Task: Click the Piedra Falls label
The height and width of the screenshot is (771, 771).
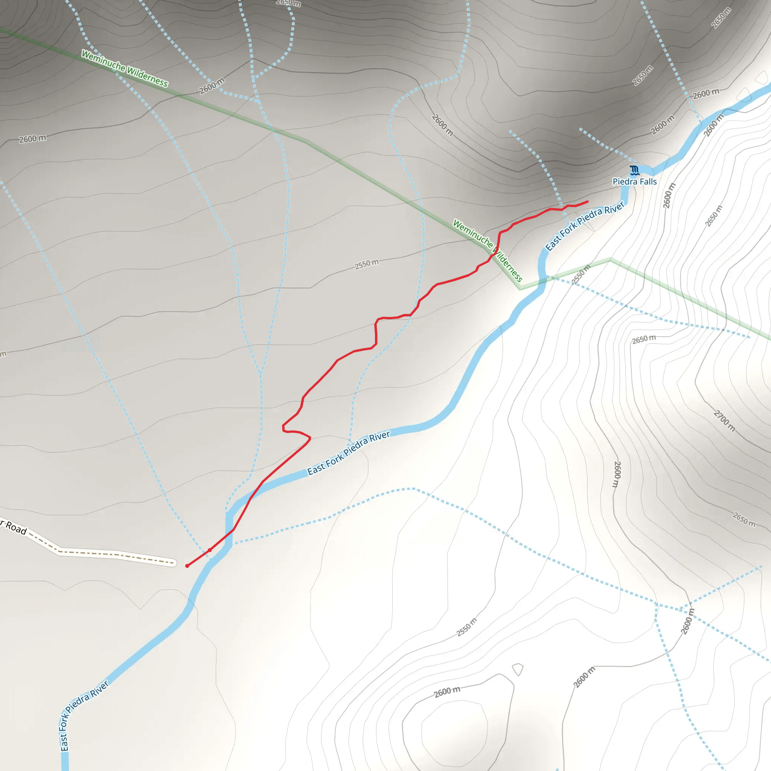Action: coord(634,181)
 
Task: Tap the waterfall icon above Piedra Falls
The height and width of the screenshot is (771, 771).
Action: coord(634,171)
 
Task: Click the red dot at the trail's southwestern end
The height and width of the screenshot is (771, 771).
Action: coord(187,566)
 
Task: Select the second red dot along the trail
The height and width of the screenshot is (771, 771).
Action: coord(210,550)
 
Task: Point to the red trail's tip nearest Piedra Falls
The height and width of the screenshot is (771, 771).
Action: coord(587,201)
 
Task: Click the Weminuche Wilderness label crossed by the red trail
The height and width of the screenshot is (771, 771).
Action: coord(488,250)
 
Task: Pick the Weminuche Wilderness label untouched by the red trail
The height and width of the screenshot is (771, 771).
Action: coord(125,68)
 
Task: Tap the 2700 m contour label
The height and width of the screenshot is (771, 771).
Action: coord(724,421)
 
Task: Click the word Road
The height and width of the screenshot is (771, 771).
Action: coord(16,528)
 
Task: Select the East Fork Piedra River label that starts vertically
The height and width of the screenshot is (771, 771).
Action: coord(82,717)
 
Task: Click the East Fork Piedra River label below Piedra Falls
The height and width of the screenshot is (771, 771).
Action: coord(585,226)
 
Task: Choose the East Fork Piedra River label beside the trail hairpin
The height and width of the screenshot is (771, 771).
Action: coord(348,453)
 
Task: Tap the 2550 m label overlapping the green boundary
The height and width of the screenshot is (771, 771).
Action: coord(581,274)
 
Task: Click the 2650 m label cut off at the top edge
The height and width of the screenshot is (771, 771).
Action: coord(288,3)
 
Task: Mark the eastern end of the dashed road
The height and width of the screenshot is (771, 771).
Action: coord(174,563)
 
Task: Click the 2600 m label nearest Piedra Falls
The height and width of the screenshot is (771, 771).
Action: coord(669,195)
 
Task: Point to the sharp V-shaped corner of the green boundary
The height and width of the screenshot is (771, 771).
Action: coord(520,288)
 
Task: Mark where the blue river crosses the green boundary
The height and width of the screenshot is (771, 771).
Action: coord(543,281)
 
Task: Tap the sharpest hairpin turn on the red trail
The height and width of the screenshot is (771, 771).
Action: coord(309,438)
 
